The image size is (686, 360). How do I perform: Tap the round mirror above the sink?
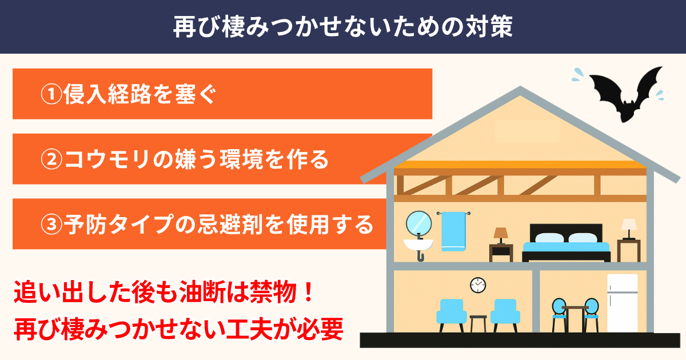coord(418,223)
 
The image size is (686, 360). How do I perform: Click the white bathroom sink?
coord(418,245)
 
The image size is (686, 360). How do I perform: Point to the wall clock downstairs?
coord(478,285)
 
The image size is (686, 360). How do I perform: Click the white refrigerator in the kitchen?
coord(623,303)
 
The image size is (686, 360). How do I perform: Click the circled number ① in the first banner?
coord(51,94)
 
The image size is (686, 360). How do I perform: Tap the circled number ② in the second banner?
coord(51,159)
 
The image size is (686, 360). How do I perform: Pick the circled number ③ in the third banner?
coord(51,224)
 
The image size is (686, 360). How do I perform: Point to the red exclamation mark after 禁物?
coord(308,292)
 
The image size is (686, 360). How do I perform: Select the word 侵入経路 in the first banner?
coord(107,94)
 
